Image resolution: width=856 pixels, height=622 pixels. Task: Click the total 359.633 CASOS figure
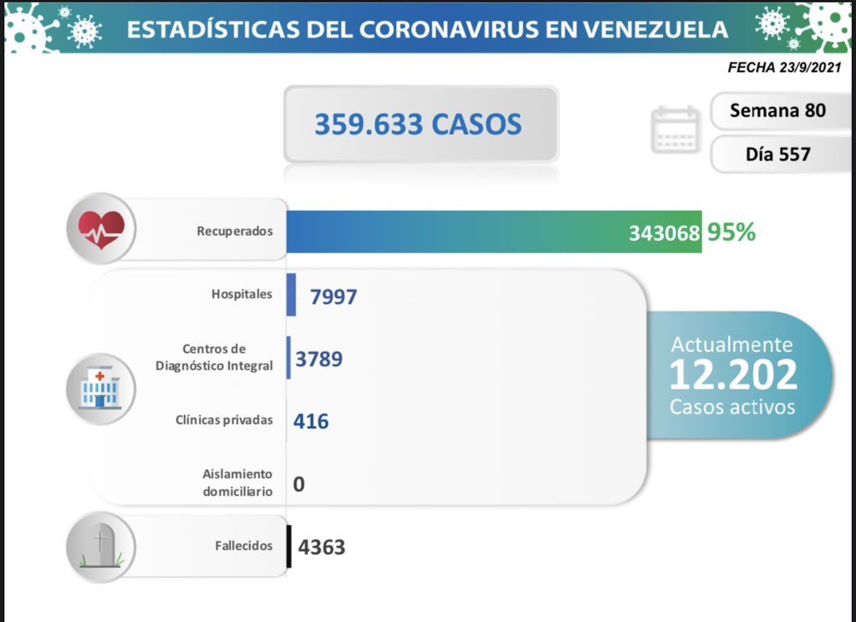(418, 125)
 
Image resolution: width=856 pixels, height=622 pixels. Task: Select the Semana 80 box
(777, 110)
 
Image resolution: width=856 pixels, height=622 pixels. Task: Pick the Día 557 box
(777, 154)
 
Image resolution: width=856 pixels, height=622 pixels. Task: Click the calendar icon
(675, 130)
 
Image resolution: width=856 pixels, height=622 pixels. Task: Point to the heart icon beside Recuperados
(101, 228)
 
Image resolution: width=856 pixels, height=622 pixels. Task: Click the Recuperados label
(235, 231)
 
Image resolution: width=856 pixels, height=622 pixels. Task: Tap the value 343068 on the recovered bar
(664, 233)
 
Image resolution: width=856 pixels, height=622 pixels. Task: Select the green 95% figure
(731, 232)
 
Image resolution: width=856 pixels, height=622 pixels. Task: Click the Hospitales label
(242, 294)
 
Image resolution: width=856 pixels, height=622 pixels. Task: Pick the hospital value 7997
(333, 296)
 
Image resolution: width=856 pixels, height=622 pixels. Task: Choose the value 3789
(318, 359)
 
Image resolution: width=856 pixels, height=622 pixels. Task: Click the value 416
(311, 421)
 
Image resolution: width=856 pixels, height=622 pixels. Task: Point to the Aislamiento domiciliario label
(237, 482)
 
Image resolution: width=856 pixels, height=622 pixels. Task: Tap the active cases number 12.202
(732, 375)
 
